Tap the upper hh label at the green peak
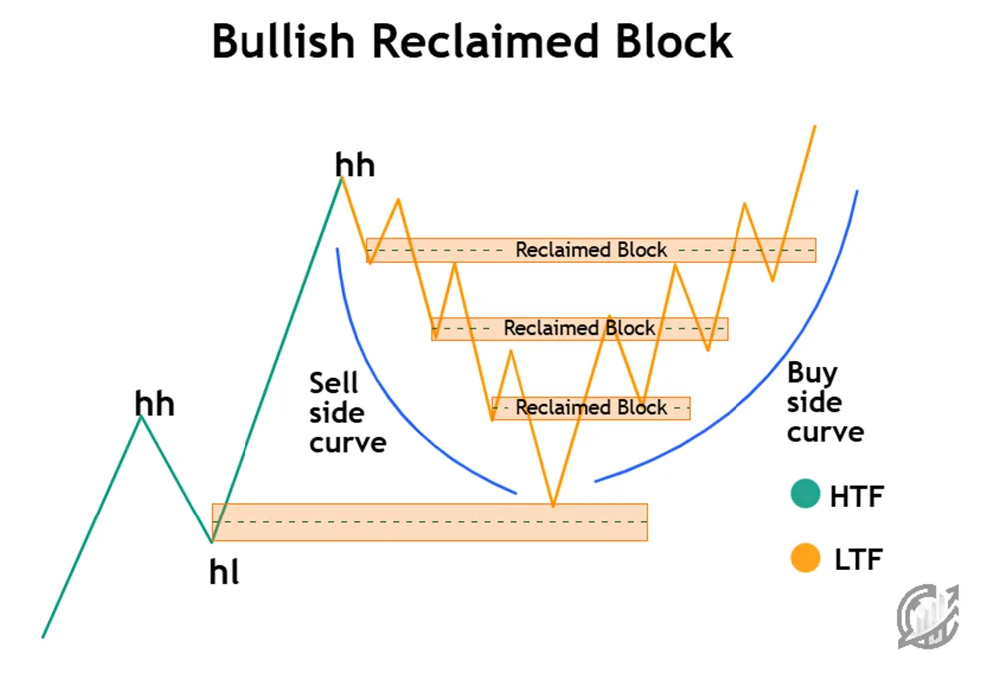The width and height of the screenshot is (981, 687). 356,165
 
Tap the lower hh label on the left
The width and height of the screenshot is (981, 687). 155,404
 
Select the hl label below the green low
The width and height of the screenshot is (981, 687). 224,573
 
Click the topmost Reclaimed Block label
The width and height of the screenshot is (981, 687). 591,250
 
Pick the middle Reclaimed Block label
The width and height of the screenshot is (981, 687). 579,328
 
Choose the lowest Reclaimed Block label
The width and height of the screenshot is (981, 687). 591,407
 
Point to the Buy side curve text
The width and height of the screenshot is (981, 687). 825,402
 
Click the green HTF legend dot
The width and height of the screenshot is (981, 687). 804,495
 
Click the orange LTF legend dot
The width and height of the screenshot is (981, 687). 804,558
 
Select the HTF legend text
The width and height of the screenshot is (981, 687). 856,496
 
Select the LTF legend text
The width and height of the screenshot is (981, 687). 858,559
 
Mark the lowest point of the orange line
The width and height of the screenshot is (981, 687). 553,506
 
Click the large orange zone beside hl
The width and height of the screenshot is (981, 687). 429,521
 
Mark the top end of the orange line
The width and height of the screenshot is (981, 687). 815,126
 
